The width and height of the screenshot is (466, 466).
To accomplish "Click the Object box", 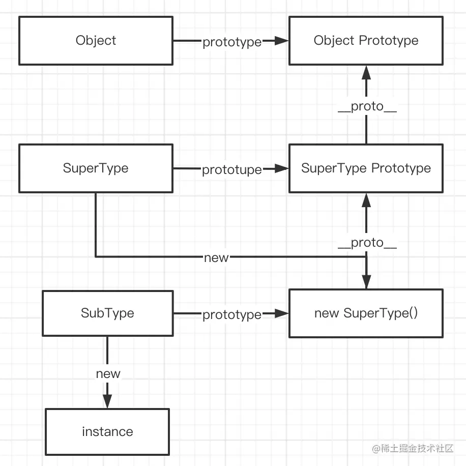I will point(96,41).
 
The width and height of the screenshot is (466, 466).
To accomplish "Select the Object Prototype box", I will point(366,41).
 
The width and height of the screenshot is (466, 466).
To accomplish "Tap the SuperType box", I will point(96,168).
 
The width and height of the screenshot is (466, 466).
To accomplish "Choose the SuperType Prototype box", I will point(366,168).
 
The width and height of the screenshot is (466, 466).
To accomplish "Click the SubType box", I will point(107,313).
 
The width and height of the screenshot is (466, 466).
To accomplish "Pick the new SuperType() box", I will point(366,313).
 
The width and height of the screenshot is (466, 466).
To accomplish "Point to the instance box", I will point(107,432).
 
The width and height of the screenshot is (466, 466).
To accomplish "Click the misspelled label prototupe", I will point(231,170).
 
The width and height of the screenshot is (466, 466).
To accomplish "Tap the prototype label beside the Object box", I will point(231,42).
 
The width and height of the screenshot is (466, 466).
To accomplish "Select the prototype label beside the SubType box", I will point(231,315).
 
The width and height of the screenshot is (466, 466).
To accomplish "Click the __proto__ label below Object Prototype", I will point(367,107).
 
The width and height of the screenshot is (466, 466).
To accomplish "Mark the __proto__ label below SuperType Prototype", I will point(367,243).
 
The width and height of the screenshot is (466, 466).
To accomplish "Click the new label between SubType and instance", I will point(108,374).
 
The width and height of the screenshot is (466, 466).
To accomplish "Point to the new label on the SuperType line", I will point(216,257).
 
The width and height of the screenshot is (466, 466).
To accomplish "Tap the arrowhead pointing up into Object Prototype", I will point(366,72).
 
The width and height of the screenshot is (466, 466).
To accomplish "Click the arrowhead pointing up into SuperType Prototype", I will point(366,199).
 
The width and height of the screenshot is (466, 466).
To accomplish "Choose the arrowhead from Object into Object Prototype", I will point(281,41).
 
